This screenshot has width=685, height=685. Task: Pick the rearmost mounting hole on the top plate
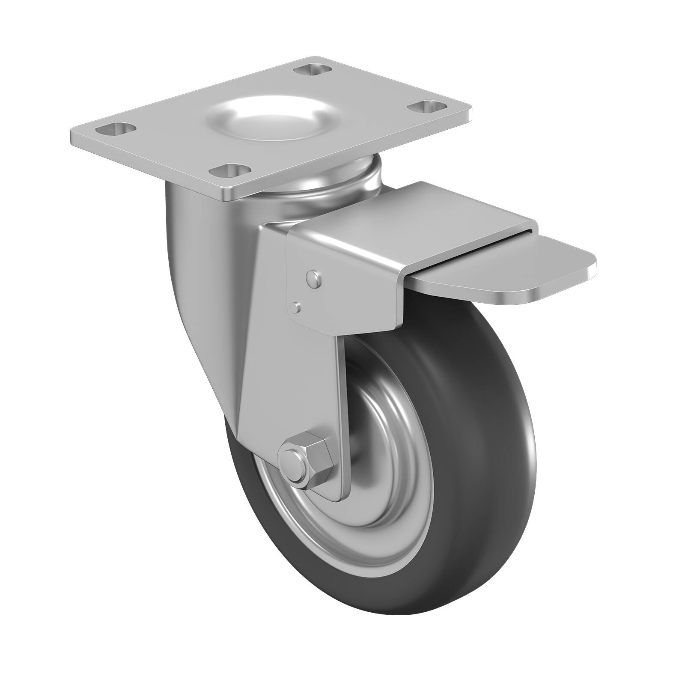tap(314, 68)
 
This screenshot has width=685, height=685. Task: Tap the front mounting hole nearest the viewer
tap(230, 170)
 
